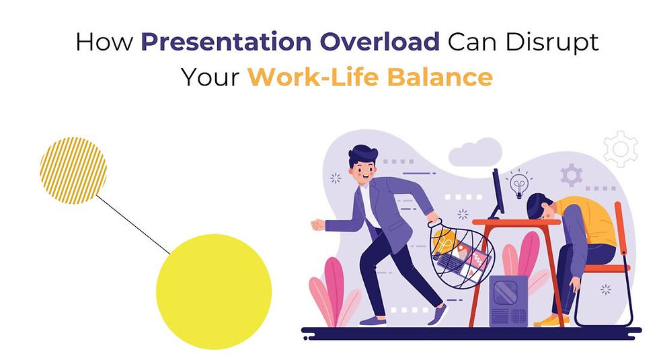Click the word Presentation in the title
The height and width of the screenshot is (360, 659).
tap(226, 42)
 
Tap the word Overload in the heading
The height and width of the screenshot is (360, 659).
tap(379, 42)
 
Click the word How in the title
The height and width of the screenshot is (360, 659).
tap(104, 42)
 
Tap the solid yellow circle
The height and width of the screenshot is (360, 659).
tap(214, 291)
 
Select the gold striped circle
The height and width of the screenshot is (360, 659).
tap(73, 170)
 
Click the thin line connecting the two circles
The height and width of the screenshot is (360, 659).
tap(134, 225)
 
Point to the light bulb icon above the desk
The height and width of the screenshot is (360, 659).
tap(519, 184)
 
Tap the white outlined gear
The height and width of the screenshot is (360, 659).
tap(621, 149)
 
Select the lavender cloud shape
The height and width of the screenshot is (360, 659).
tap(475, 152)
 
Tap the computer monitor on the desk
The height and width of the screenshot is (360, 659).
tap(497, 194)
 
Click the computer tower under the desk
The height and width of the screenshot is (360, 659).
tap(508, 301)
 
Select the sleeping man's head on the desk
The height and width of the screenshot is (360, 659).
tap(541, 207)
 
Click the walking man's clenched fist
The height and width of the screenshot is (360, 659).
tap(317, 225)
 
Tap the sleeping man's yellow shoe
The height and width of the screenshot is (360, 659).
tap(549, 320)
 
